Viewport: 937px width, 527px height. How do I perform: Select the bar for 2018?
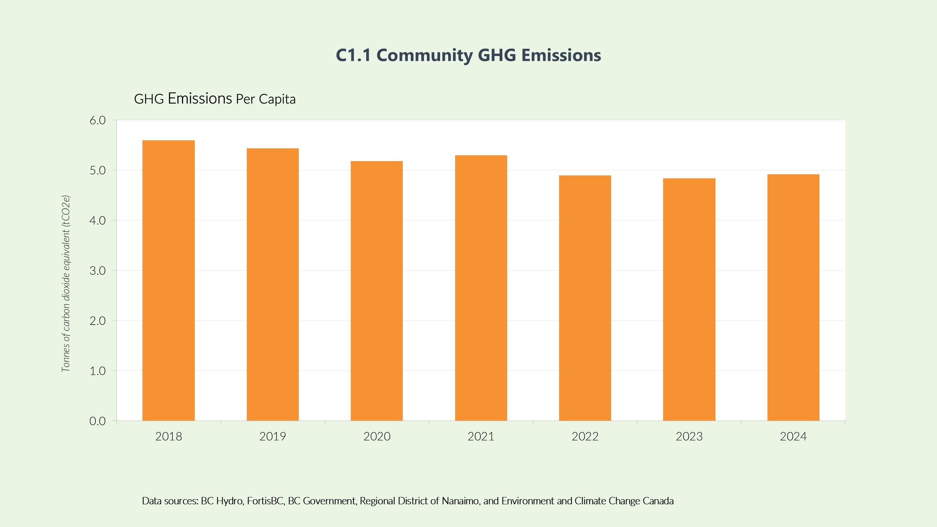pyautogui.click(x=168, y=280)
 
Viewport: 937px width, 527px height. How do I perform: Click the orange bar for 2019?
pyautogui.click(x=272, y=284)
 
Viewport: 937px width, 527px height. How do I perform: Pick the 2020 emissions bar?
pyautogui.click(x=376, y=291)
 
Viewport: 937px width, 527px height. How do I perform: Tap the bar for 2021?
pyautogui.click(x=481, y=288)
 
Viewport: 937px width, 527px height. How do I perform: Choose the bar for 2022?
pyautogui.click(x=585, y=298)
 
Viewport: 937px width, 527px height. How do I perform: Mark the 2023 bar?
pyautogui.click(x=689, y=299)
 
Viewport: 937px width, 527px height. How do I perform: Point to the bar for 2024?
pyautogui.click(x=793, y=298)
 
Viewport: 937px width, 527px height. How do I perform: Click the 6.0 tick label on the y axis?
pyautogui.click(x=97, y=120)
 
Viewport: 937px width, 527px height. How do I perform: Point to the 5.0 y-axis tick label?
pyautogui.click(x=97, y=171)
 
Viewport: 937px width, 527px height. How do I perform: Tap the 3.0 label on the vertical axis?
pyautogui.click(x=97, y=271)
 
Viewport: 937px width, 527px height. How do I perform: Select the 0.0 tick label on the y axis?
pyautogui.click(x=97, y=421)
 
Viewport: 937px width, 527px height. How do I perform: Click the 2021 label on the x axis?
pyautogui.click(x=481, y=437)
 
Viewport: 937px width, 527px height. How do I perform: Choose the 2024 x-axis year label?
pyautogui.click(x=793, y=437)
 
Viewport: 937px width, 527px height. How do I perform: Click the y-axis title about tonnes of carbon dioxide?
pyautogui.click(x=66, y=284)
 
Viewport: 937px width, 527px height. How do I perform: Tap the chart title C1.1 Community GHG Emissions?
pyautogui.click(x=468, y=55)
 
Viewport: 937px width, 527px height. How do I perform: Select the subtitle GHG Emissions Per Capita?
pyautogui.click(x=215, y=99)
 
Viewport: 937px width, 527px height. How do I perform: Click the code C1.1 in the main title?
pyautogui.click(x=353, y=55)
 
